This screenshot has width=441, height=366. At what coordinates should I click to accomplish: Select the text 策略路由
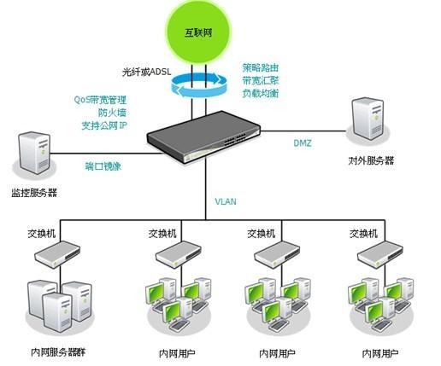pyautogui.click(x=261, y=66)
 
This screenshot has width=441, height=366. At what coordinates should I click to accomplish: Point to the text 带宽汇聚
pyautogui.click(x=261, y=79)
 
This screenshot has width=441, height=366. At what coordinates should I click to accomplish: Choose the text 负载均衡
pyautogui.click(x=261, y=93)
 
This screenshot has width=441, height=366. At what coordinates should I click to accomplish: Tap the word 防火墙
pyautogui.click(x=114, y=112)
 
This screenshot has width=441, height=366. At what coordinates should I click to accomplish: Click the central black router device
pyautogui.click(x=204, y=136)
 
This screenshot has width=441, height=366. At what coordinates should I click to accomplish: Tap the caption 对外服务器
pyautogui.click(x=371, y=160)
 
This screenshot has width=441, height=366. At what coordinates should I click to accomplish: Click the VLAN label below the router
pyautogui.click(x=226, y=202)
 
